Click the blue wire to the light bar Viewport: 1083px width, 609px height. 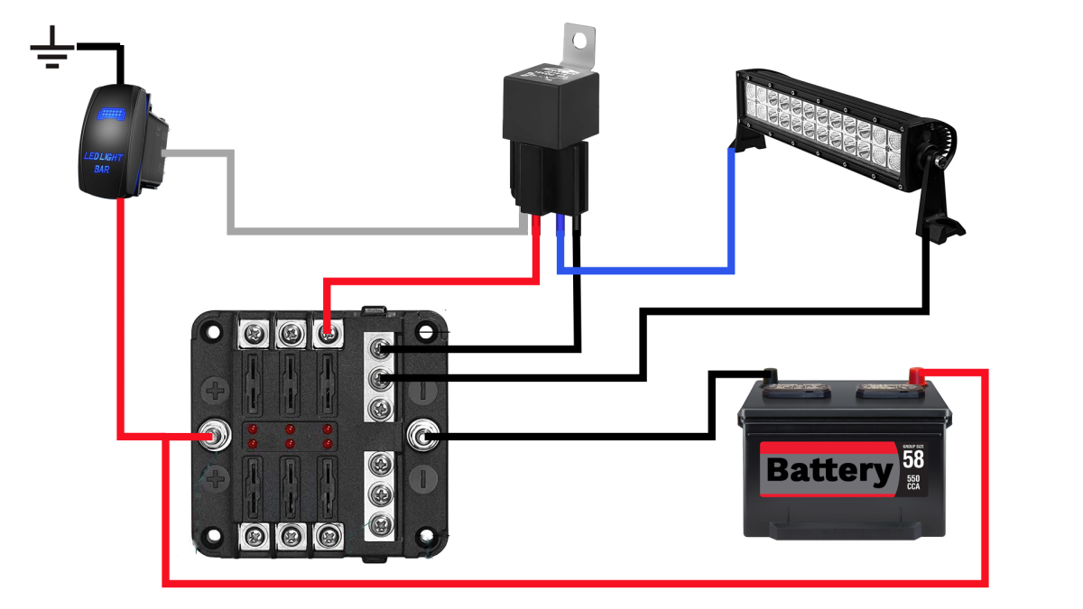click(731, 217)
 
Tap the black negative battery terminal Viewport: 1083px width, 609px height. click(769, 374)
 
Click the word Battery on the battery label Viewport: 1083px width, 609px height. click(828, 471)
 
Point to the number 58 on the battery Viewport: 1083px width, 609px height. click(912, 458)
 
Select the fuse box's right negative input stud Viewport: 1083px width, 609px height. click(421, 438)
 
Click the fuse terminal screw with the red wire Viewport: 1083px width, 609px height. click(327, 335)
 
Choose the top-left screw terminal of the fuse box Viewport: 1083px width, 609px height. click(255, 335)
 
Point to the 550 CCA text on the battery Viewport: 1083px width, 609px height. click(912, 482)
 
